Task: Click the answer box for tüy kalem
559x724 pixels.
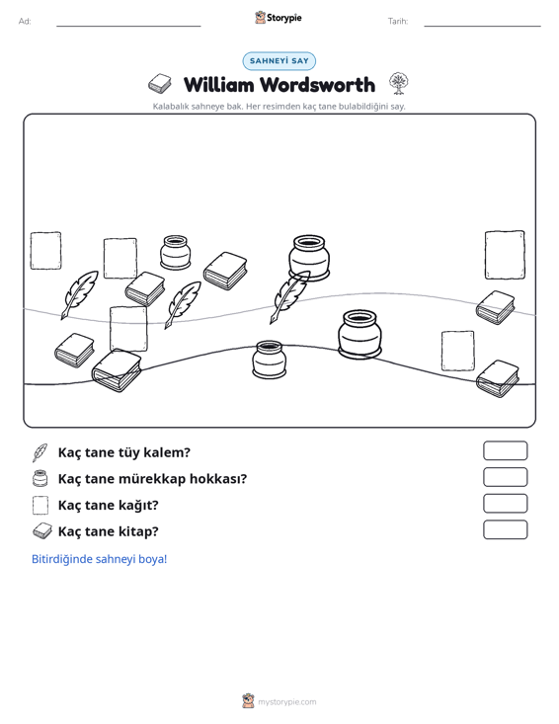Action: pyautogui.click(x=505, y=450)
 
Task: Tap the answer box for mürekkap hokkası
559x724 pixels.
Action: pyautogui.click(x=505, y=477)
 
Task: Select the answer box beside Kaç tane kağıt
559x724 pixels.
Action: pyautogui.click(x=505, y=504)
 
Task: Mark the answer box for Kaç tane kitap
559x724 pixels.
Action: pyautogui.click(x=505, y=529)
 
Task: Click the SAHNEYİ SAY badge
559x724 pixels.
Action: pyautogui.click(x=279, y=61)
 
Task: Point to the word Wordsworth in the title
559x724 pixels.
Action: pyautogui.click(x=317, y=85)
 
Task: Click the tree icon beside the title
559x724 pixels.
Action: pyautogui.click(x=398, y=84)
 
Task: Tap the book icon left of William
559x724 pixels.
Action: pyautogui.click(x=160, y=84)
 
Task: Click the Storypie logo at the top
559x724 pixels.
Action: pyautogui.click(x=279, y=18)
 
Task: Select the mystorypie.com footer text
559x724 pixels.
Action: pyautogui.click(x=286, y=702)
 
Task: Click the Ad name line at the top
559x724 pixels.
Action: pyautogui.click(x=128, y=26)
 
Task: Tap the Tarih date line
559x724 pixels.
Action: pyautogui.click(x=482, y=26)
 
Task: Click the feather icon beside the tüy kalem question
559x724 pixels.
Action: pyautogui.click(x=40, y=452)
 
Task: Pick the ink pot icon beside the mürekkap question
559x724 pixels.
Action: pyautogui.click(x=40, y=478)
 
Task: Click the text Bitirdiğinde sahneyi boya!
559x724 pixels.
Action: pyautogui.click(x=99, y=559)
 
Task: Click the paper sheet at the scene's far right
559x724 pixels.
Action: pyautogui.click(x=505, y=255)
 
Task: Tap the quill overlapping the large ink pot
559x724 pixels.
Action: pyautogui.click(x=289, y=297)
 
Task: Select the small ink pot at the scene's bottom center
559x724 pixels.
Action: pyautogui.click(x=269, y=360)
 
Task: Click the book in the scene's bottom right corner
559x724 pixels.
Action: pyautogui.click(x=498, y=378)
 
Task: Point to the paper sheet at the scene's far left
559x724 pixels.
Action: pyautogui.click(x=45, y=251)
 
